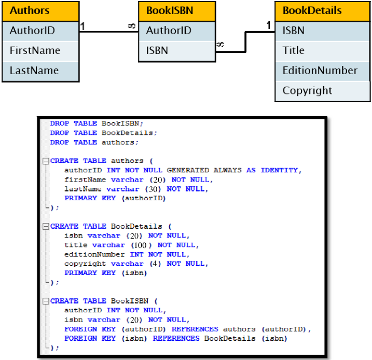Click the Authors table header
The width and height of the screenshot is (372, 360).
[x=40, y=11]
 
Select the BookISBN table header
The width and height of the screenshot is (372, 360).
[x=177, y=11]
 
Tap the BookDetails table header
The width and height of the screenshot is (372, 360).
[x=322, y=11]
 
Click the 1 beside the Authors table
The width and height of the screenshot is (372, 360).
[x=82, y=26]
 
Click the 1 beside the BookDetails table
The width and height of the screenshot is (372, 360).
[x=268, y=25]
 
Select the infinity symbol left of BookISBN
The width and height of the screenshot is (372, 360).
[x=132, y=25]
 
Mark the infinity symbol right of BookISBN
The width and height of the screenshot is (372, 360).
[x=220, y=44]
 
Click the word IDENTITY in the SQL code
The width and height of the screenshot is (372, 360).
[x=279, y=170]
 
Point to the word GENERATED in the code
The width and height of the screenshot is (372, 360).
[x=188, y=170]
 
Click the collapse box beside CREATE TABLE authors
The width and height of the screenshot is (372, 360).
[x=46, y=161]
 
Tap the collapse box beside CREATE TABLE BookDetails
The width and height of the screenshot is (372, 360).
[x=46, y=227]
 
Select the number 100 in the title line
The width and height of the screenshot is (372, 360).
[x=140, y=245]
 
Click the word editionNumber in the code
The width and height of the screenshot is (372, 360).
[x=94, y=255]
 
